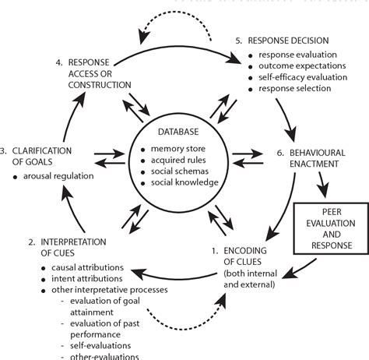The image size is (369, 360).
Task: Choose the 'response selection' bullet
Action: click(x=293, y=89)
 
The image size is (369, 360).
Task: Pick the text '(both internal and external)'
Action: click(x=245, y=278)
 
